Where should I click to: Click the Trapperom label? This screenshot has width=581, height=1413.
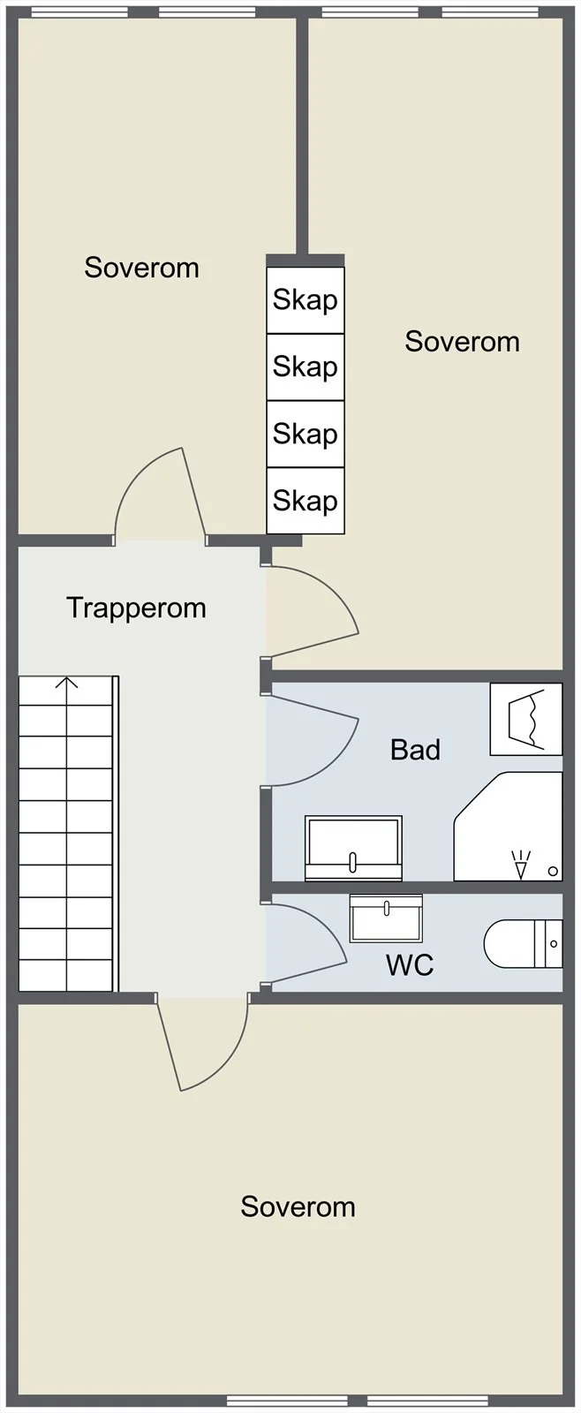pyautogui.click(x=136, y=608)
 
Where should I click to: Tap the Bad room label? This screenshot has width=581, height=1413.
pyautogui.click(x=415, y=750)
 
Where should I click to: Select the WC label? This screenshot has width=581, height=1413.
pyautogui.click(x=410, y=964)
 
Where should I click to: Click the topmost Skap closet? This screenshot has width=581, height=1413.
pyautogui.click(x=306, y=300)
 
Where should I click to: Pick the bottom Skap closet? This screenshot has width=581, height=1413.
pyautogui.click(x=306, y=500)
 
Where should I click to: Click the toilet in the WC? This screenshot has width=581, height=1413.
pyautogui.click(x=523, y=944)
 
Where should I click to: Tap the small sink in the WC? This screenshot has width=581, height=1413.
pyautogui.click(x=386, y=918)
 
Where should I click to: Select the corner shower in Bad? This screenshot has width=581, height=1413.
pyautogui.click(x=508, y=827)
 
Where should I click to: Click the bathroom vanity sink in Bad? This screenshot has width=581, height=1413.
pyautogui.click(x=353, y=848)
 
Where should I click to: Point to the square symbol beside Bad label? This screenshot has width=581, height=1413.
pyautogui.click(x=526, y=719)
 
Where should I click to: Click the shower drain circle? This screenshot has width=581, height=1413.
pyautogui.click(x=554, y=871)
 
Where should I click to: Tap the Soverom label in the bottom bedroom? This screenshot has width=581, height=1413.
pyautogui.click(x=298, y=1206)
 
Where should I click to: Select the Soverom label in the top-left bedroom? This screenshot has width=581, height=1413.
pyautogui.click(x=142, y=268)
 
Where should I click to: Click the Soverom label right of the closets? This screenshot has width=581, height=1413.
pyautogui.click(x=463, y=342)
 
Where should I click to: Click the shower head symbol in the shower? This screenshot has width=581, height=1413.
pyautogui.click(x=520, y=865)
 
